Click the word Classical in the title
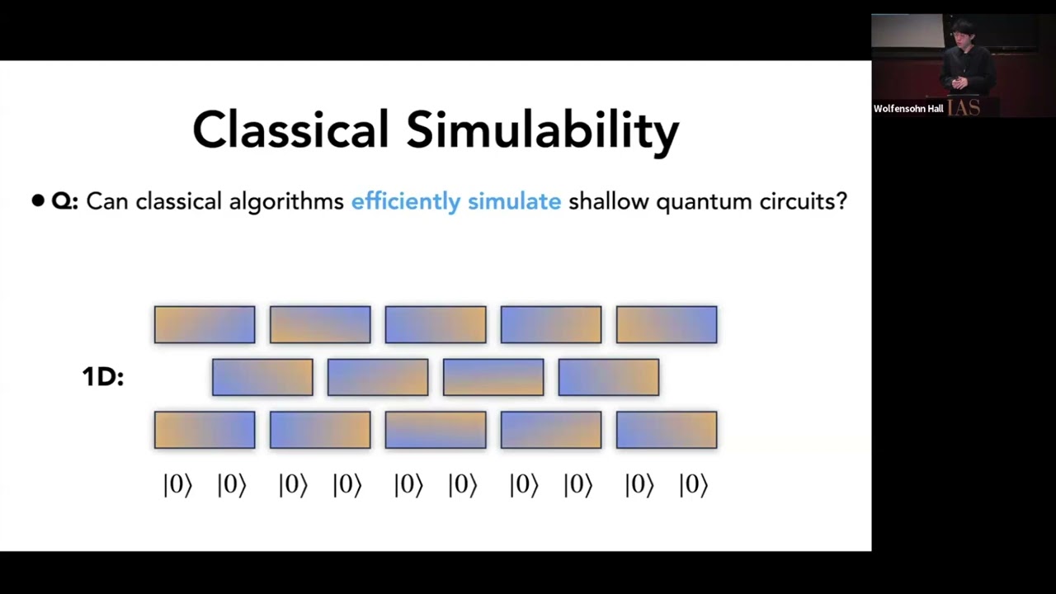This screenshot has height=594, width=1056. tap(290, 130)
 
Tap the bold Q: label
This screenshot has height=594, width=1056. tap(64, 201)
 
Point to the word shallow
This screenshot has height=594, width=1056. tap(608, 201)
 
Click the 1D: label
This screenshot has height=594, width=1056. tap(102, 377)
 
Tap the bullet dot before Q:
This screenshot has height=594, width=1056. tap(38, 201)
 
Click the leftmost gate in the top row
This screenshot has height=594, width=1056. tap(205, 324)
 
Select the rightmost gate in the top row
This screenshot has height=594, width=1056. tap(667, 324)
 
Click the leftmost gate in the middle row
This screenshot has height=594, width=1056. tap(262, 377)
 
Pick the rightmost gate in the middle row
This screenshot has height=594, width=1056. tap(609, 377)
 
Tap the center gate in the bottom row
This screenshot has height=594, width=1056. tap(436, 430)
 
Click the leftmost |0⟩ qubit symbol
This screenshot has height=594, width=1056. tap(177, 485)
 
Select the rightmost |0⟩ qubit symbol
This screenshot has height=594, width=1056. tap(693, 485)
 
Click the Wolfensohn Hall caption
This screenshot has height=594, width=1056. tap(908, 109)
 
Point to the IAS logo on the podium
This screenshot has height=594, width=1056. tap(964, 108)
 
